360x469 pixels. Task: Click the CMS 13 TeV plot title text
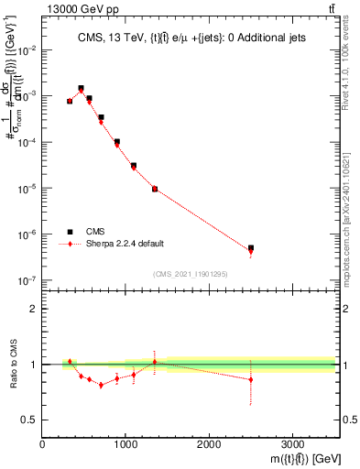190,38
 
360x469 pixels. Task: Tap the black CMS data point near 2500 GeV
251,248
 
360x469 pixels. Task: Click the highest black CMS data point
82,89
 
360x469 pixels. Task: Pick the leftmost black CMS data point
70,101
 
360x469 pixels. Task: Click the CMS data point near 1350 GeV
155,189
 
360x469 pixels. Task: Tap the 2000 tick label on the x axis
209,444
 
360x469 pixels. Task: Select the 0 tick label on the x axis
43,444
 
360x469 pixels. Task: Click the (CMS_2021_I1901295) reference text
190,274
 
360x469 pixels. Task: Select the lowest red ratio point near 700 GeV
101,385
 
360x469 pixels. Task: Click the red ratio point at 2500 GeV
251,379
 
